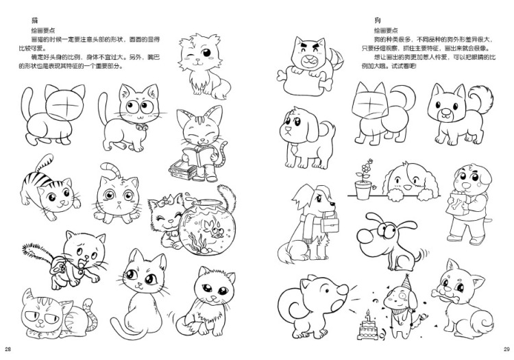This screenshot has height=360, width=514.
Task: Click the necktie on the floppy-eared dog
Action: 293,149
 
